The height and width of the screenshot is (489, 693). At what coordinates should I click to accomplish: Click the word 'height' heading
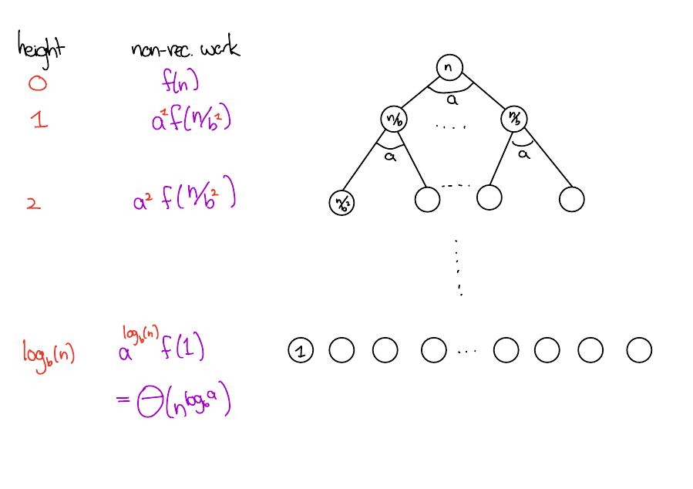pos(41,48)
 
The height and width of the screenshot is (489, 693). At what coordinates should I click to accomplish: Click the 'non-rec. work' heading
pos(185,49)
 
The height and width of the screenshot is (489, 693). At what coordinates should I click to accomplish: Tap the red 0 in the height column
pos(37,83)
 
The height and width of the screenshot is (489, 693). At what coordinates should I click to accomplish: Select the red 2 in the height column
pos(32,204)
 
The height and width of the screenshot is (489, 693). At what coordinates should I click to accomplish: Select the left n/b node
pos(393,120)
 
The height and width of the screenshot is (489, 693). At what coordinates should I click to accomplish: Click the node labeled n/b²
pos(340,203)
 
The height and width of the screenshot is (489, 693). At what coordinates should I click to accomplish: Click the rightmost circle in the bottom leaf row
pos(639,350)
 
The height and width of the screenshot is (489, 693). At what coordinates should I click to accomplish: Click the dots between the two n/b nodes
pos(451,126)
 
